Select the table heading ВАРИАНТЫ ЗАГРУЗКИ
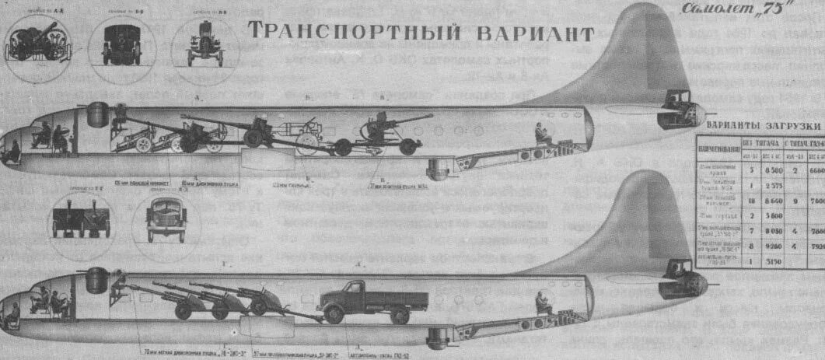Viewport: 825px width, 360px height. click(764, 126)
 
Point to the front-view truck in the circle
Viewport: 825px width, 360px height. click(166, 221)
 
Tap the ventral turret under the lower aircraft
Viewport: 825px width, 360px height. click(438, 337)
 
